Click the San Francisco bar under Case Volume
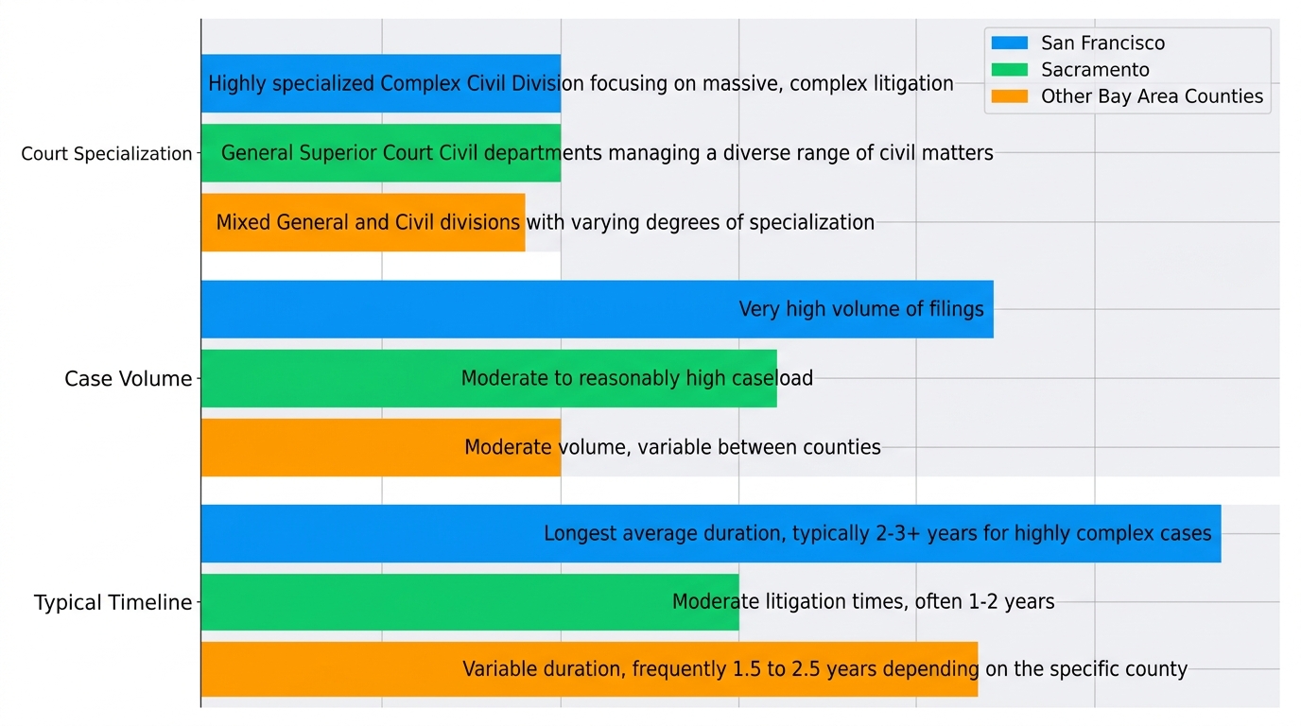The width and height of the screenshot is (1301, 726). coord(473,309)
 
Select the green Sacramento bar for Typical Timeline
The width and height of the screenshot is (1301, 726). coord(425,602)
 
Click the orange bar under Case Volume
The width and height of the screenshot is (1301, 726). coord(331,447)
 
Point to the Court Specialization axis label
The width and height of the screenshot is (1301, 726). coord(107,154)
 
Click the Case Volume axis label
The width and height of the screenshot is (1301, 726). coord(128,379)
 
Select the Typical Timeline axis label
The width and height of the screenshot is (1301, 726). coord(113,603)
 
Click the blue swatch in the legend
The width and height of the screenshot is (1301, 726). coord(1009,43)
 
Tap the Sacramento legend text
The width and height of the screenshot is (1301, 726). coord(1095,70)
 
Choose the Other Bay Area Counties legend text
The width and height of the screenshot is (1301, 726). coord(1152,96)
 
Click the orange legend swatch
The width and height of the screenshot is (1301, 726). coord(1009,96)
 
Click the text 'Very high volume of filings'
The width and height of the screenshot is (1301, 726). coord(860,309)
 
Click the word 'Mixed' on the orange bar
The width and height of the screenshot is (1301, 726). coord(243,223)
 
